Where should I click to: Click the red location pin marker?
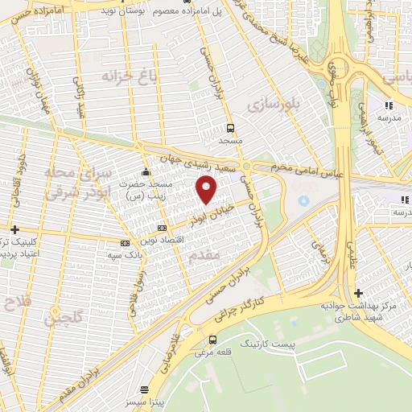tap(207, 189)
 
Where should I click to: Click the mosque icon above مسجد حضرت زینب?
tap(146, 171)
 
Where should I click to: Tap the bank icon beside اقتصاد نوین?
tap(125, 241)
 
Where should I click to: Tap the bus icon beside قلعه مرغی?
tap(212, 340)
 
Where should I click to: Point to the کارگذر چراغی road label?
tap(254, 303)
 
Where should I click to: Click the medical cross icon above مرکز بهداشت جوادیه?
tap(358, 293)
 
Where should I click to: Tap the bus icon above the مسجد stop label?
tap(231, 127)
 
